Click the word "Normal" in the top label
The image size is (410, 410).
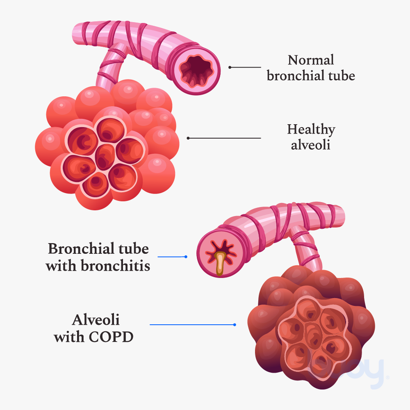point(311,60)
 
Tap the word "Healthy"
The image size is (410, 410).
point(311,130)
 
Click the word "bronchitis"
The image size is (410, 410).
point(115,266)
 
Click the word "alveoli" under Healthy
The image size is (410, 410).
point(310,145)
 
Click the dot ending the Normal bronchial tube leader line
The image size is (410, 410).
point(230,67)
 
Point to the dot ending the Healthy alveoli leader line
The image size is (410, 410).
point(188,138)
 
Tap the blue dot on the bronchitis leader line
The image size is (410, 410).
point(186,257)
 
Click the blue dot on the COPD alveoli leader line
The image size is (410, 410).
point(235,325)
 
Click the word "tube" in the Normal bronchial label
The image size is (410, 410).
point(343,76)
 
